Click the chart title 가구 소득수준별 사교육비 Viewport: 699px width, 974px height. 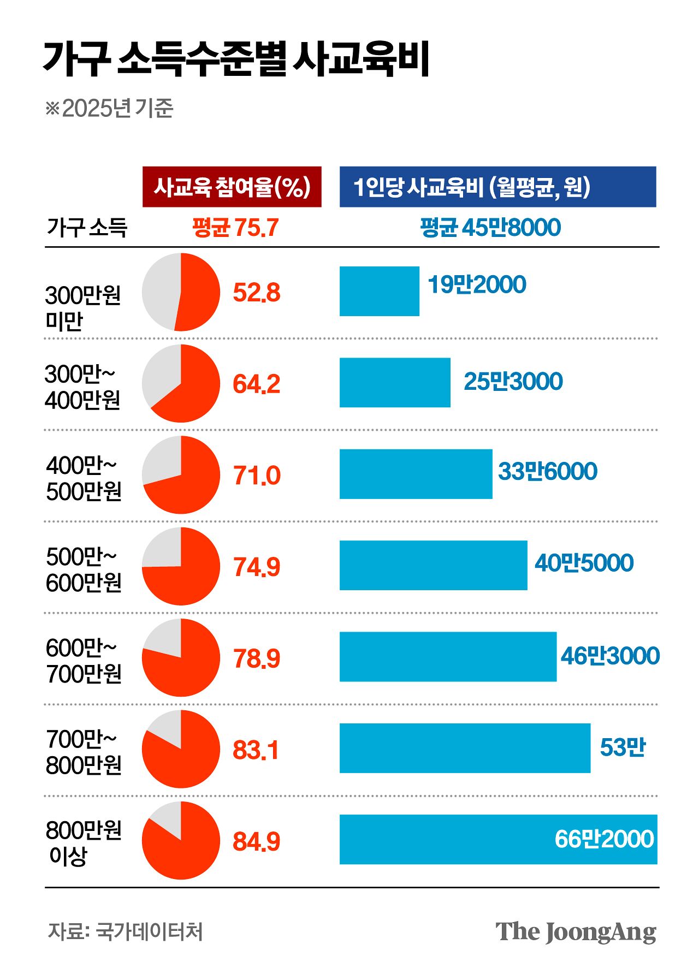pyautogui.click(x=236, y=58)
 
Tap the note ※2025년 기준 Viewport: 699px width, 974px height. pyautogui.click(x=109, y=108)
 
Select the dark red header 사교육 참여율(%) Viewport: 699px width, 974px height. pyautogui.click(x=232, y=187)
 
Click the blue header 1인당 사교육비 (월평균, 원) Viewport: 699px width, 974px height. pyautogui.click(x=497, y=187)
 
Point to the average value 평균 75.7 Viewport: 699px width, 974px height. pyautogui.click(x=235, y=228)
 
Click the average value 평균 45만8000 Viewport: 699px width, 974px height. pyautogui.click(x=490, y=228)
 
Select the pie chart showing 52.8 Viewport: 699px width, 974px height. pyautogui.click(x=181, y=292)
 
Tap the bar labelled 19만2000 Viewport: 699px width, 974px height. pyautogui.click(x=379, y=291)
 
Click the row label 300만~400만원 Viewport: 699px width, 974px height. pyautogui.click(x=82, y=387)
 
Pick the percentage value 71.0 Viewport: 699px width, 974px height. pyautogui.click(x=256, y=476)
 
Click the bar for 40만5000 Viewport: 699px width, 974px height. pyautogui.click(x=433, y=566)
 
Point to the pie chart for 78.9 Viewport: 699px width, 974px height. pyautogui.click(x=181, y=657)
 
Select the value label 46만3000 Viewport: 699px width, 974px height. pyautogui.click(x=610, y=656)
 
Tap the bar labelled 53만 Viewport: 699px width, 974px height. pyautogui.click(x=464, y=748)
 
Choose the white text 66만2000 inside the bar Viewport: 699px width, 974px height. pyautogui.click(x=604, y=839)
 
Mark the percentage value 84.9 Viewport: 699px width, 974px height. pyautogui.click(x=256, y=841)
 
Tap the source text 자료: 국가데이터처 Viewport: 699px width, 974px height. pyautogui.click(x=125, y=931)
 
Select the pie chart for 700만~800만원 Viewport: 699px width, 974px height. pyautogui.click(x=181, y=749)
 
